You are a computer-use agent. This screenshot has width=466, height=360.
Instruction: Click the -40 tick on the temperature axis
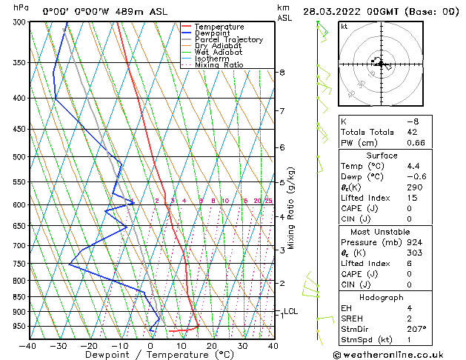pos(28,345)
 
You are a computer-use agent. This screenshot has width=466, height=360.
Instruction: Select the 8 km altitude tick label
pos(282,72)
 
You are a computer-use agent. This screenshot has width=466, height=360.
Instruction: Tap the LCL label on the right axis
pos(291,311)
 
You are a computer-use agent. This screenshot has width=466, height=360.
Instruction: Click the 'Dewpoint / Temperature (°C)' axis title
pos(149,355)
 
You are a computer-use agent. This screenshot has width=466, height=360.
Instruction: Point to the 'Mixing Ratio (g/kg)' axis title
pos(292,207)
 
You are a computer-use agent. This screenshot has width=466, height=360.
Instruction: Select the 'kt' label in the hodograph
pos(344,26)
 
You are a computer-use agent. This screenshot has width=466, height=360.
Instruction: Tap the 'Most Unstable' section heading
pos(382,231)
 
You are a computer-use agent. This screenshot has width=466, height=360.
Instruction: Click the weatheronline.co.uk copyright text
pos(399,353)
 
